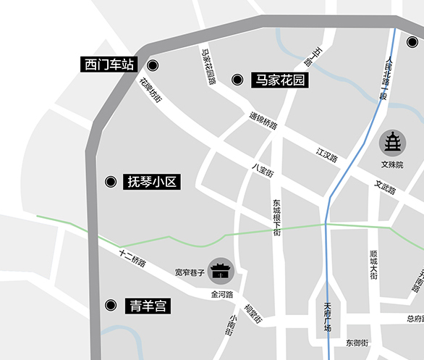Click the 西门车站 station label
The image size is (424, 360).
109,65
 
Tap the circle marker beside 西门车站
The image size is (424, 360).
152,65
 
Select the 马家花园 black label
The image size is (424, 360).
280,80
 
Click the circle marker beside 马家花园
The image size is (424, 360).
236,80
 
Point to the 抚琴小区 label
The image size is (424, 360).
152,182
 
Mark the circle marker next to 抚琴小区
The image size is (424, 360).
111,182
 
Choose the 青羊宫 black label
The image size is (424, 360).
148,306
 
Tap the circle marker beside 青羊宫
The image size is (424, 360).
111,306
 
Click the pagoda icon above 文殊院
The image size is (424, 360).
393,143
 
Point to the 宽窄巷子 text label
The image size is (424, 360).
190,272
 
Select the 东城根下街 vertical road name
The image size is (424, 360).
277,217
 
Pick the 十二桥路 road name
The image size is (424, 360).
133,258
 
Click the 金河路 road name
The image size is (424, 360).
221,295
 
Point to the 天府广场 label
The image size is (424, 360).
327,317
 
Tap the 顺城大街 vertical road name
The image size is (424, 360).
373,265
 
